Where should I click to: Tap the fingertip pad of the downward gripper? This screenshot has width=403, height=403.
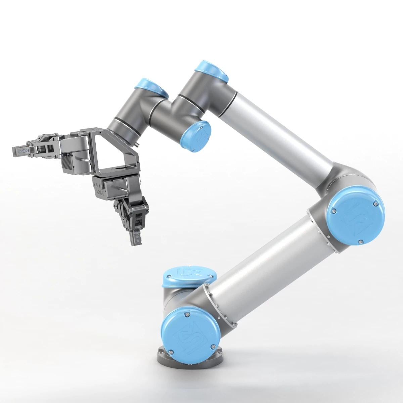click(136, 239)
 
